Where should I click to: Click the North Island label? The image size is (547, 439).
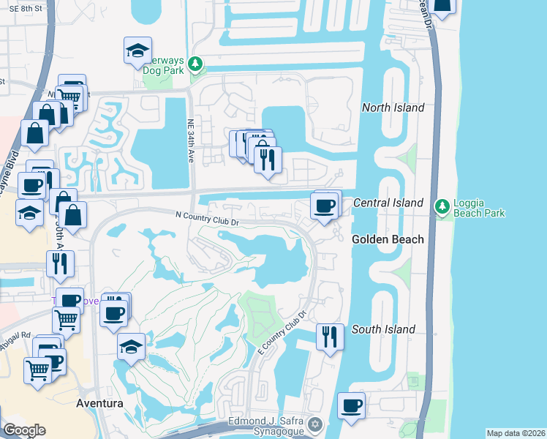393,108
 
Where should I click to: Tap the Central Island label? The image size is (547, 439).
388,202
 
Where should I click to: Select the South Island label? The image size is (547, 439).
384,329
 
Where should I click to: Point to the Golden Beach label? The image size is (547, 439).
388,239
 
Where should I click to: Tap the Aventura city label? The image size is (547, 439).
98,403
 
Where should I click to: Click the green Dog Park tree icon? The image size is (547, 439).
195,64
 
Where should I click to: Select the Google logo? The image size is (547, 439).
24,430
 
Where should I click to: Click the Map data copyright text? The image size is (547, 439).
516,433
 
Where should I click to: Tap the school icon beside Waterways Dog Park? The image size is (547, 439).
137,50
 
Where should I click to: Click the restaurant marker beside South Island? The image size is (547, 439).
330,337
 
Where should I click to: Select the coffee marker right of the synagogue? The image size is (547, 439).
351,405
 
